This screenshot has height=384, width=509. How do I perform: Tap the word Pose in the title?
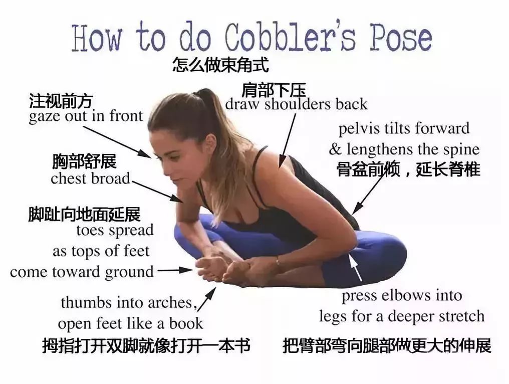point(401,38)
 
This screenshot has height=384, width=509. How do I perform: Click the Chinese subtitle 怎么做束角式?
point(220,65)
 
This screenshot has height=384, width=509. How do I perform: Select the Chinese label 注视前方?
point(61,101)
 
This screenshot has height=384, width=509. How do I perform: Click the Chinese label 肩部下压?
point(274,90)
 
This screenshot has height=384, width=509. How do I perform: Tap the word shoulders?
point(298,104)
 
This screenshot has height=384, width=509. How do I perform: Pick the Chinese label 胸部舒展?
point(84,161)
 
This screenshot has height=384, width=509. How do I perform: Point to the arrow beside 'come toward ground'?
point(175,270)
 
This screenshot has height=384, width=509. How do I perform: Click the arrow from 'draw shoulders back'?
point(287,141)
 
